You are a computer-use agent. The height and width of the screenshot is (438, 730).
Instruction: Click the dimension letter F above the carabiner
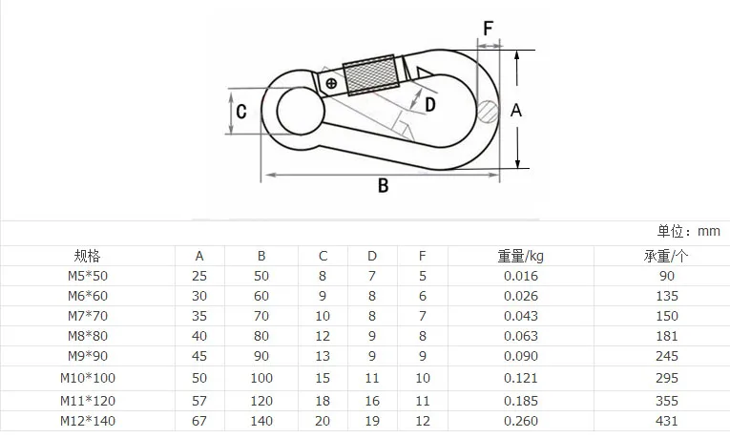point(488,29)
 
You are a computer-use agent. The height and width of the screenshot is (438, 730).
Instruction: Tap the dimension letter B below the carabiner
point(384,186)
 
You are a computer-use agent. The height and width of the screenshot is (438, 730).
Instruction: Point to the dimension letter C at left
point(241,112)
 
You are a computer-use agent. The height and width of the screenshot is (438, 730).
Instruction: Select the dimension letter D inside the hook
point(430,105)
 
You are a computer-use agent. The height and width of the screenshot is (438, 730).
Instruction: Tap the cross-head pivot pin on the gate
point(331,84)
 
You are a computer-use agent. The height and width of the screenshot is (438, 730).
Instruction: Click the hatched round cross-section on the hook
point(488,112)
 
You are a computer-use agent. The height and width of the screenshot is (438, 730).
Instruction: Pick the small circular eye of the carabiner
point(301,111)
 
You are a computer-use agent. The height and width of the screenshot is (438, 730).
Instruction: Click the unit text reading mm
point(709,231)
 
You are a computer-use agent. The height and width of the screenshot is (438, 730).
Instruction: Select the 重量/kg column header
point(520,256)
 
